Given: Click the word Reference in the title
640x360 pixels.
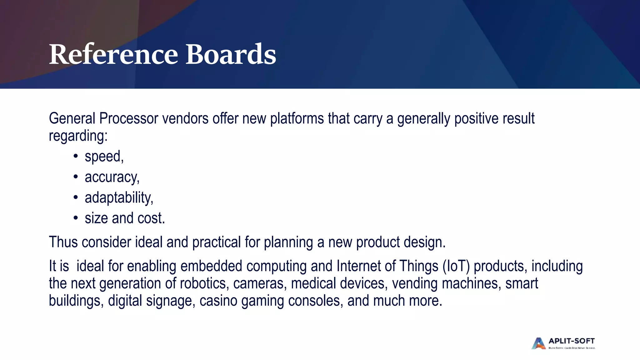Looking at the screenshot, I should tap(113, 54).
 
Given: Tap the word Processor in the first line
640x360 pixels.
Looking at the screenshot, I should tap(129, 119).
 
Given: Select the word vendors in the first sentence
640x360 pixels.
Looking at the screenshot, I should tap(185, 119).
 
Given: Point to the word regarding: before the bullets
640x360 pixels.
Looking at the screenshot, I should tap(78, 136).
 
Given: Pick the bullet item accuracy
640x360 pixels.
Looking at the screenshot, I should tap(112, 177).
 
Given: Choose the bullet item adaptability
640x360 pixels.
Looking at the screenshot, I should tap(119, 198).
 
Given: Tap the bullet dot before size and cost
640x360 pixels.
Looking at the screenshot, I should tap(75, 218).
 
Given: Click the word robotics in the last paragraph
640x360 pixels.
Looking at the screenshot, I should tap(202, 283).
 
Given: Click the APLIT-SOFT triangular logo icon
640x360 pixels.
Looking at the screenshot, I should tap(538, 343).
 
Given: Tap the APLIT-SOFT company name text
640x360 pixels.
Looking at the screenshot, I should tap(572, 341).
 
